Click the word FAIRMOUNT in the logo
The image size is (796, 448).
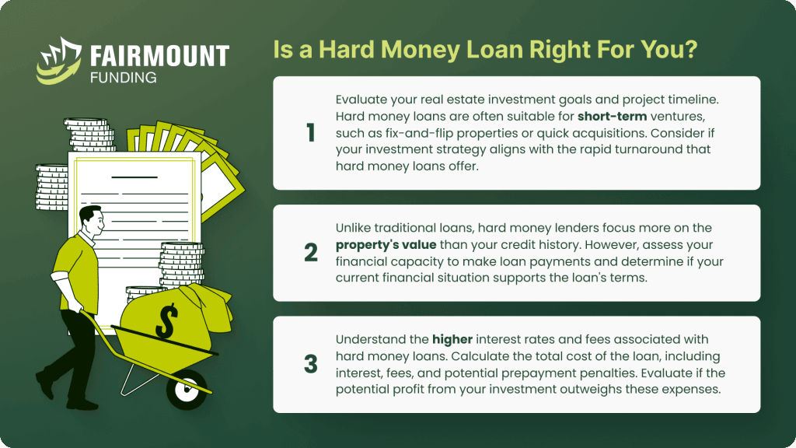point(159,56)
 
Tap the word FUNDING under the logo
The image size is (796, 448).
point(124,78)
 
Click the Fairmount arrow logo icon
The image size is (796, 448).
point(59,61)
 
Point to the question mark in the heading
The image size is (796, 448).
point(691,49)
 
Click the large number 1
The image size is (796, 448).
point(311,133)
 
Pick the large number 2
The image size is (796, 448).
point(311,253)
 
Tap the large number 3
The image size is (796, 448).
point(311,364)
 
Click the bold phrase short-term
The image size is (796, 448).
point(613,117)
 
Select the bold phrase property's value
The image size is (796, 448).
point(386,245)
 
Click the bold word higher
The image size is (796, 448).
point(452,340)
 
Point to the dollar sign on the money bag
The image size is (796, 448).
point(166,321)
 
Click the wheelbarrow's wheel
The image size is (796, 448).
point(187,390)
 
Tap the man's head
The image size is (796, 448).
point(92,219)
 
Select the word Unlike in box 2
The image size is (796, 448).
point(354,228)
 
